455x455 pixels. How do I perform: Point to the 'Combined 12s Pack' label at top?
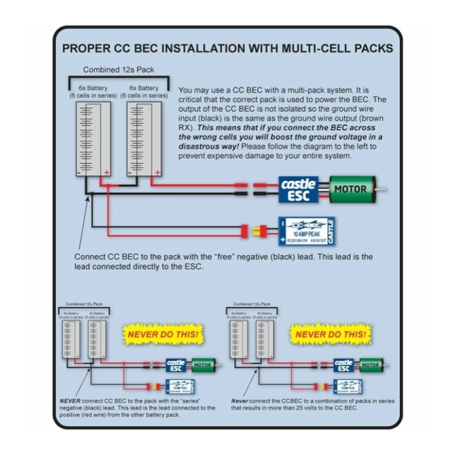118,70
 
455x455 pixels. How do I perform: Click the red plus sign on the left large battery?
106,172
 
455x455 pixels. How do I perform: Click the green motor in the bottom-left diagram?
202,365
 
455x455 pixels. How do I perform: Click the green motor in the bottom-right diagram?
370,365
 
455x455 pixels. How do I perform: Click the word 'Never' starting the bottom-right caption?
239,401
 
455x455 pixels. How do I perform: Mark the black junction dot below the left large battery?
92,194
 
